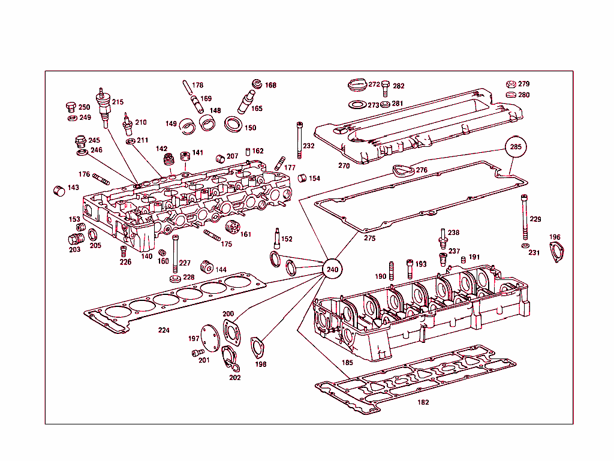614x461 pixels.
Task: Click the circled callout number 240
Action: [x=332, y=269]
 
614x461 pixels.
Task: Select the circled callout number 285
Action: [x=516, y=147]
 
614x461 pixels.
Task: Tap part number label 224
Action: [x=164, y=330]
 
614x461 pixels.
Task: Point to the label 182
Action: [x=423, y=402]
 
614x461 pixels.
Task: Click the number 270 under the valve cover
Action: [x=344, y=165]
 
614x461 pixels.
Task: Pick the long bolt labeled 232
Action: [x=300, y=140]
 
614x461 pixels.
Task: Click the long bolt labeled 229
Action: [x=524, y=217]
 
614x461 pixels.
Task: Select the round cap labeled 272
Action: [x=357, y=85]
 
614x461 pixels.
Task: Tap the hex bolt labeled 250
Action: [x=71, y=107]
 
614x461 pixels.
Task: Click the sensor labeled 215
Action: [x=103, y=107]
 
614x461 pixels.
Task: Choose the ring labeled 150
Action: [x=233, y=124]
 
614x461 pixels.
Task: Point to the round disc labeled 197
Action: [x=210, y=338]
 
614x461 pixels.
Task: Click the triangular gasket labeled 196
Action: [x=556, y=252]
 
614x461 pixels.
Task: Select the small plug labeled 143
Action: [x=59, y=191]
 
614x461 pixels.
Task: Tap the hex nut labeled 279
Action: [x=511, y=84]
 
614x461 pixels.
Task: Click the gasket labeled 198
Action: [x=257, y=348]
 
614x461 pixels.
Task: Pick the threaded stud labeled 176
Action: [x=101, y=179]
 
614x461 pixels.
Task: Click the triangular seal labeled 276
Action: [x=404, y=170]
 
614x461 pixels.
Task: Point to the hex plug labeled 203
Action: [x=76, y=239]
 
